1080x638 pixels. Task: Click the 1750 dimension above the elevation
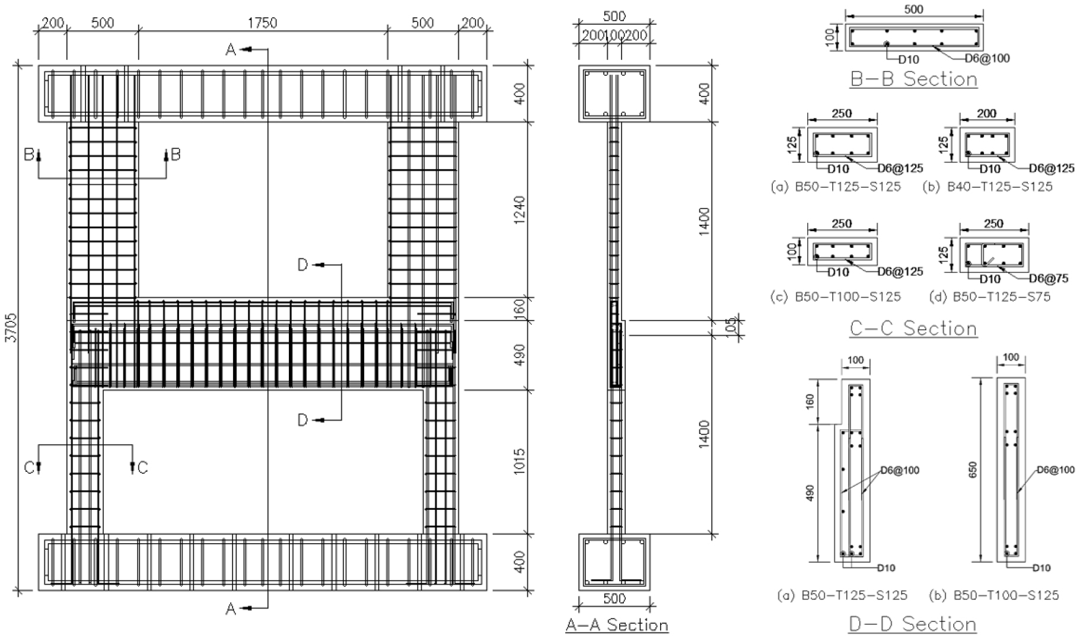click(x=262, y=23)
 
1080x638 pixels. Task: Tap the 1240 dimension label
click(x=519, y=209)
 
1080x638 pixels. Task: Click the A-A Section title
click(x=617, y=625)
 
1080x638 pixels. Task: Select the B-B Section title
click(x=913, y=79)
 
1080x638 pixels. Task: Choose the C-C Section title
click(x=913, y=328)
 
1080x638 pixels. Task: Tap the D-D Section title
click(x=913, y=623)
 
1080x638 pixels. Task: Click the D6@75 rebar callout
click(x=1049, y=278)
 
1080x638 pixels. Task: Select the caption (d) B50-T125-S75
click(x=990, y=296)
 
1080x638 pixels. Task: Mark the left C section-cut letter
click(x=29, y=468)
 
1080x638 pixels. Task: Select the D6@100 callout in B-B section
click(x=987, y=58)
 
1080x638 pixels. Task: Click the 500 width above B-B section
click(x=914, y=9)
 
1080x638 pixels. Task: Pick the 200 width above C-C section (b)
click(x=986, y=114)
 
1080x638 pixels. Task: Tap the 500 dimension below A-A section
click(x=614, y=598)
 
